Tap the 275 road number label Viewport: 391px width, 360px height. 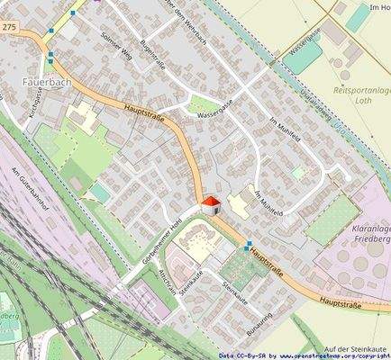(9, 29)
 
